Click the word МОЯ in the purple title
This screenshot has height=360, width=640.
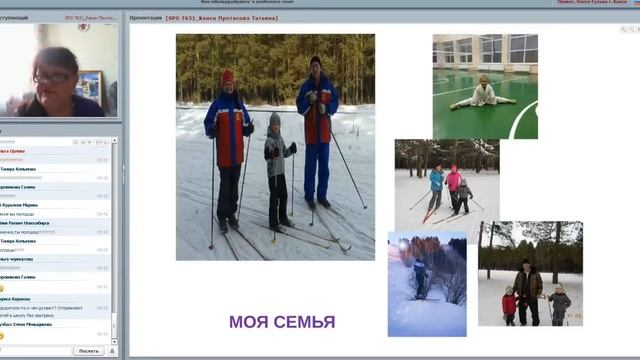point(247,322)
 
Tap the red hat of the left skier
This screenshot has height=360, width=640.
point(227,77)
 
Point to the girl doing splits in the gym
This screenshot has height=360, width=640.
point(484,95)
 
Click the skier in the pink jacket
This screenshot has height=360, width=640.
point(454,186)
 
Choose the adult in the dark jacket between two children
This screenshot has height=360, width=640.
point(527,291)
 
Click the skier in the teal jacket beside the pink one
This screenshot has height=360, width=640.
point(436,186)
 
